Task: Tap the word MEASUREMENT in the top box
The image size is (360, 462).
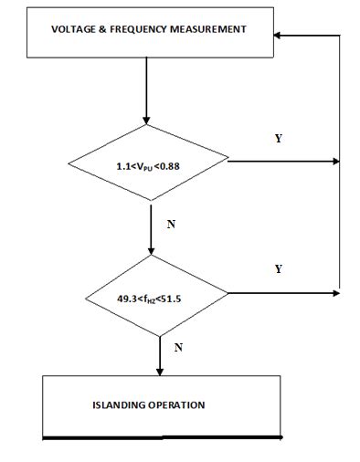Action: tap(207, 29)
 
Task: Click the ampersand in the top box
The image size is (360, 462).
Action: tap(102, 29)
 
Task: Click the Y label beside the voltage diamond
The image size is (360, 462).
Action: tap(278, 139)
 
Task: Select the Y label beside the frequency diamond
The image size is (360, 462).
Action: tap(278, 269)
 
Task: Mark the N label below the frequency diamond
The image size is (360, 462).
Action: tap(177, 348)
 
